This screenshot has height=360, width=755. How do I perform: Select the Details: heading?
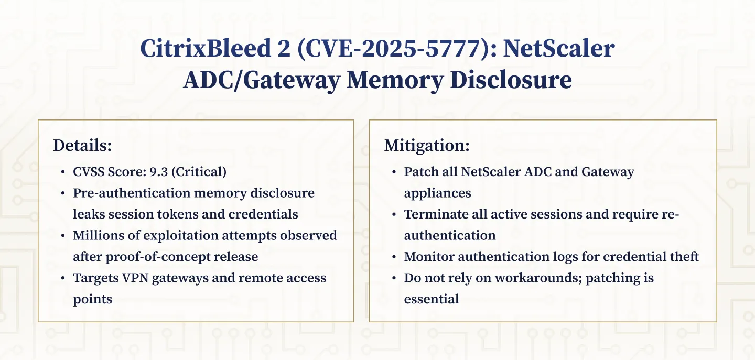(82, 146)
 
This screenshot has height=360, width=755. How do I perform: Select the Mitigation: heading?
(427, 146)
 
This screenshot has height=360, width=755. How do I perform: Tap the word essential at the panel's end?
(432, 299)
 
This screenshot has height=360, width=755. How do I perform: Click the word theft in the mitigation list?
(683, 256)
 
